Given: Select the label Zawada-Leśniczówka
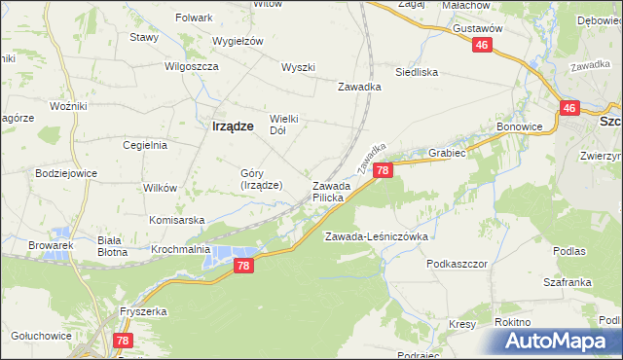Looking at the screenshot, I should pos(377,236).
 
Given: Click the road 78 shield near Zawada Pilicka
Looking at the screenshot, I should pos(383,170).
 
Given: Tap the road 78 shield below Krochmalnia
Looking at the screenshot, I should pos(244,266).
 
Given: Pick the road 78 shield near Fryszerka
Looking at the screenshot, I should pos(123,341).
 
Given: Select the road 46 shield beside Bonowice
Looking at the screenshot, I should pos(569,109).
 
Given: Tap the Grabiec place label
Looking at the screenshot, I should pos(447,153).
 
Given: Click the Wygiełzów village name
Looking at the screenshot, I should pos(239,41).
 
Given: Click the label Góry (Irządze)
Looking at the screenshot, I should pos(262,179).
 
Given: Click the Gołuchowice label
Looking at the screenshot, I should pos(41,336).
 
